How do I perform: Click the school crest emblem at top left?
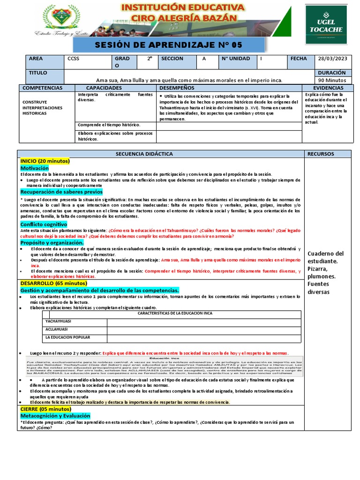tap(60, 18)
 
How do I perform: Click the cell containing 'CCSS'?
tap(74, 59)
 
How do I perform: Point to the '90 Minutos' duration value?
tap(332, 80)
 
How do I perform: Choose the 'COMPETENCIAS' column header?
tap(42, 88)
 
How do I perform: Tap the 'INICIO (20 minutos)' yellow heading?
tap(45, 161)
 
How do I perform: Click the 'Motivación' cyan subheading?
tap(34, 168)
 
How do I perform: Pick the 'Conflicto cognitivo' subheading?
tap(44, 224)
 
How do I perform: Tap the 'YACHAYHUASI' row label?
tap(59, 322)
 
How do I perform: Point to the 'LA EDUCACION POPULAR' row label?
tap(67, 337)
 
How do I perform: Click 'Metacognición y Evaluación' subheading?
tap(55, 416)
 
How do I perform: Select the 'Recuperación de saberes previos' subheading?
tap(61, 192)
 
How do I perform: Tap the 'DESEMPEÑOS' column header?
tap(177, 88)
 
